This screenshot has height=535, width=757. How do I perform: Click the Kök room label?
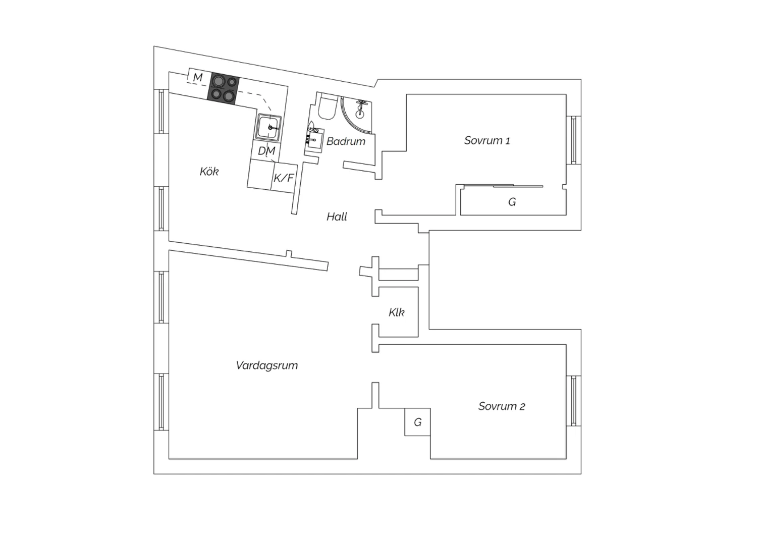coord(209,172)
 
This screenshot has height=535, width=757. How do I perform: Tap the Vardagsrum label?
coord(266,365)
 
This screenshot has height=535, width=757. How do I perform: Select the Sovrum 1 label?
coord(487,140)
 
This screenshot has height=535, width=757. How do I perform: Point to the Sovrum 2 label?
coord(502,406)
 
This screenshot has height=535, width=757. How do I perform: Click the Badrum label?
coord(346,141)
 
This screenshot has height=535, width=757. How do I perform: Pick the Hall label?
coord(337,217)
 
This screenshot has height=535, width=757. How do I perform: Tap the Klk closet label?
coord(396,312)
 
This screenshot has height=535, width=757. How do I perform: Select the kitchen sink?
coord(268,128)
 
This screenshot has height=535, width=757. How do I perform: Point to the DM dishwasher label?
coord(266,151)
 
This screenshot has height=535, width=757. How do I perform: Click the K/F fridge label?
coord(284,178)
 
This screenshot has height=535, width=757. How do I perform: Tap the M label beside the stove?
coord(198,77)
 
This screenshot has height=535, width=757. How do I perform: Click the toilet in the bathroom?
coord(328,106)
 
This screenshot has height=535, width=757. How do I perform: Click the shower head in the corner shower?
coord(362,102)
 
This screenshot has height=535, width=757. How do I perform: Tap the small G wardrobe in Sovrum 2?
coord(418,422)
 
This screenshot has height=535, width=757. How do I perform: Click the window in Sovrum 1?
coord(573,140)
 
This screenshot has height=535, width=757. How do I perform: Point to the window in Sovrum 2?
coord(573,401)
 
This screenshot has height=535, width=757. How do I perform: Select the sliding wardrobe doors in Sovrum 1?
coord(503,186)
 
